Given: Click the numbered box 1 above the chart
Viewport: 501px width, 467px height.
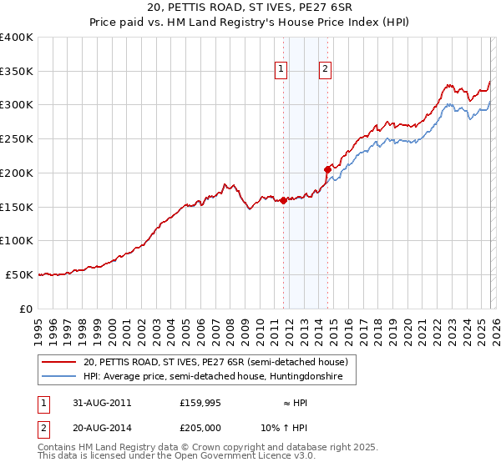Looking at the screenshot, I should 281,69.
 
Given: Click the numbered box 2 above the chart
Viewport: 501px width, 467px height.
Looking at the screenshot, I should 325,69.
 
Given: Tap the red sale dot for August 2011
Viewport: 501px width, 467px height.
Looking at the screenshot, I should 284,200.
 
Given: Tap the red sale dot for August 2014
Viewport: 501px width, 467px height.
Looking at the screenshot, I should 327,169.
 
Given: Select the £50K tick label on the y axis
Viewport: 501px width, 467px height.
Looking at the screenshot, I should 20,274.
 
